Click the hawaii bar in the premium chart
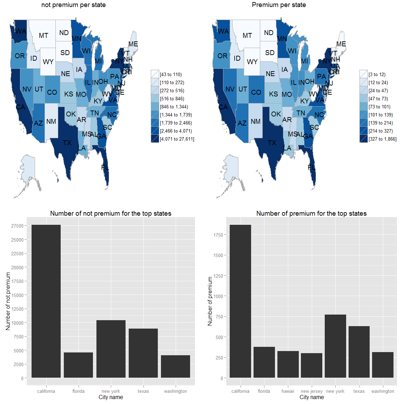(288, 364)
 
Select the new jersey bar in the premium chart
(311, 365)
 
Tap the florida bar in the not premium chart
(78, 365)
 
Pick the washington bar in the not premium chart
(175, 366)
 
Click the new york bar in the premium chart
(335, 346)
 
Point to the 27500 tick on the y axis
(17, 226)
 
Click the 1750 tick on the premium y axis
(218, 235)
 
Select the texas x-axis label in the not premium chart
(143, 391)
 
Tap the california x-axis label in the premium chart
(240, 391)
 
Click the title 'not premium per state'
(73, 5)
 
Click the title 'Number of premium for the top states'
(311, 213)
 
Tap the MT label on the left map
(43, 35)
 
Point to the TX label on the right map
(272, 143)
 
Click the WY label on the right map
(252, 62)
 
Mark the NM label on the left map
(51, 121)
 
